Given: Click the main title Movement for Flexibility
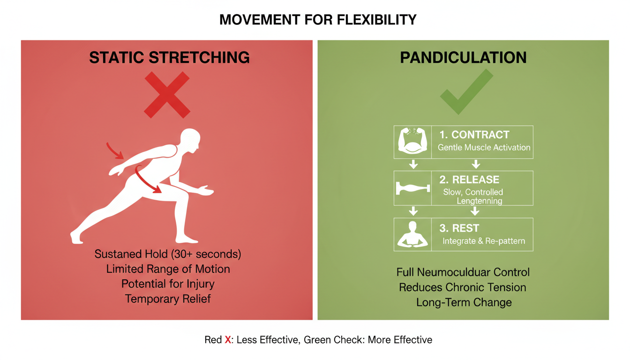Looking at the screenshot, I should [318, 20].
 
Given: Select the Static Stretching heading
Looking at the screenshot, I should [169, 57].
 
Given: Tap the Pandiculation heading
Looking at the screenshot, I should [463, 57].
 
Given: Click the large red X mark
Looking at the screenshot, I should [167, 95].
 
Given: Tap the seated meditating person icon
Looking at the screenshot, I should [412, 234].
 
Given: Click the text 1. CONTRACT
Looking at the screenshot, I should [474, 135].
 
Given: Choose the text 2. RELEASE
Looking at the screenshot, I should [469, 180].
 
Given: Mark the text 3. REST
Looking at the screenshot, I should [459, 228].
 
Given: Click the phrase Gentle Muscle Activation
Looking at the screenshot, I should [484, 147].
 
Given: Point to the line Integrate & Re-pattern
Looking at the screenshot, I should [484, 241].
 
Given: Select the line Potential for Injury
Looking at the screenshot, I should [168, 284].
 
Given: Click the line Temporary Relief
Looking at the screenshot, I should [168, 299].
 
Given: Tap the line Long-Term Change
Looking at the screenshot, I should [464, 302].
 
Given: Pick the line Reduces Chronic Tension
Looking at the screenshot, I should [462, 287].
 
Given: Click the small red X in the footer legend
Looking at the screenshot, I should [228, 340].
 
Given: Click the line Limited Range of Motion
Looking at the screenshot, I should [168, 269].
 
